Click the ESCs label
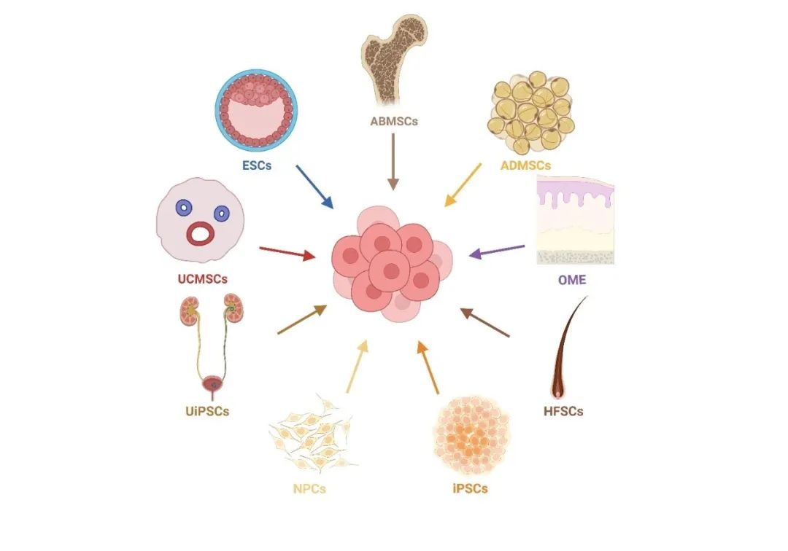(x=257, y=165)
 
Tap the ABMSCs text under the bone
(x=394, y=121)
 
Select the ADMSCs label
(x=525, y=165)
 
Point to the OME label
(x=571, y=279)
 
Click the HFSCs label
(x=563, y=411)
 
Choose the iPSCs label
(x=469, y=488)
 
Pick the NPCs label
(x=309, y=488)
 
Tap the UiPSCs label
(x=207, y=411)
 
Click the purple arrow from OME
(x=496, y=251)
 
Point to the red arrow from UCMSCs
(x=287, y=252)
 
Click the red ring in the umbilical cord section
(x=201, y=233)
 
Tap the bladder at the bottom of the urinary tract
(x=214, y=383)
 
